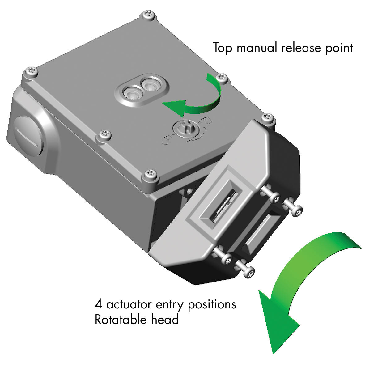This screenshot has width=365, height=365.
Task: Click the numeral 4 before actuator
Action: [x=98, y=304]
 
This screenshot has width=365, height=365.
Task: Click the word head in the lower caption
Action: [x=165, y=319]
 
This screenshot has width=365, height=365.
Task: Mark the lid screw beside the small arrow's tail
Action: [x=221, y=78]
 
